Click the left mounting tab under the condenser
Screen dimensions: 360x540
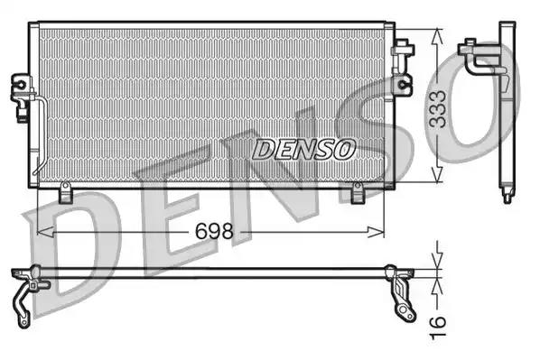[64, 193]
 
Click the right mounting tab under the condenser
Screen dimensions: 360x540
[357, 192]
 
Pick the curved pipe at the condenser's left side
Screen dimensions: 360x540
[40, 135]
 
